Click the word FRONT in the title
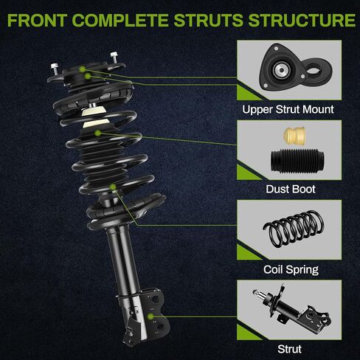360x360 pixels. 38,20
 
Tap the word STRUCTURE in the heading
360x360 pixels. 302,20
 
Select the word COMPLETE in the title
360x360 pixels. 120,20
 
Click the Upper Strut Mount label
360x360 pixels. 288,109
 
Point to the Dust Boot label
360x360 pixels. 291,189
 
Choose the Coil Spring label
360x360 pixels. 291,269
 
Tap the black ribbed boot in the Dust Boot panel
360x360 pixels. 297,159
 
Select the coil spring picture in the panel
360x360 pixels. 294,228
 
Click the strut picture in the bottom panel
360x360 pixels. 292,308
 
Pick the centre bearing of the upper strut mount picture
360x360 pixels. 280,70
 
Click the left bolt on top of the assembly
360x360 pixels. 55,69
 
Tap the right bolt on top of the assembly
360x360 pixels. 114,58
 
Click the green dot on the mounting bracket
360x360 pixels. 150,316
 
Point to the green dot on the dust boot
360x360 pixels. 98,133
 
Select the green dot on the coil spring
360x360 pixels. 113,187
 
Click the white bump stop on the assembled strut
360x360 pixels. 94,117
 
